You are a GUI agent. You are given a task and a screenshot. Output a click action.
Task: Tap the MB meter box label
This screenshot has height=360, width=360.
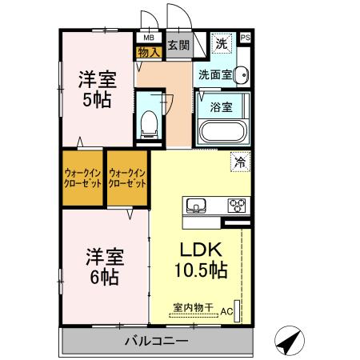coord(148,37)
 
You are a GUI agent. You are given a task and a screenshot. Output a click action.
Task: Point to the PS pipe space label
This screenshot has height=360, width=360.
coord(245,37)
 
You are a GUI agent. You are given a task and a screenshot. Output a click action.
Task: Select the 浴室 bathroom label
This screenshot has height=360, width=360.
coord(222,106)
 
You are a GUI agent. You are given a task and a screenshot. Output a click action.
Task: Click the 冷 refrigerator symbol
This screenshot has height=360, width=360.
coord(238,161)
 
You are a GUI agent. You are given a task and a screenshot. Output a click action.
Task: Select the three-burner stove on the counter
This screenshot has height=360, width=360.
coord(238,206)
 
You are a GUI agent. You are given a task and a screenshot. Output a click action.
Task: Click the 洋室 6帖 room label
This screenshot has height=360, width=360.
coord(103,267)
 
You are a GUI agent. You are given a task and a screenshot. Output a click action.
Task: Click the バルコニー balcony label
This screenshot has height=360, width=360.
coord(156,342)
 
